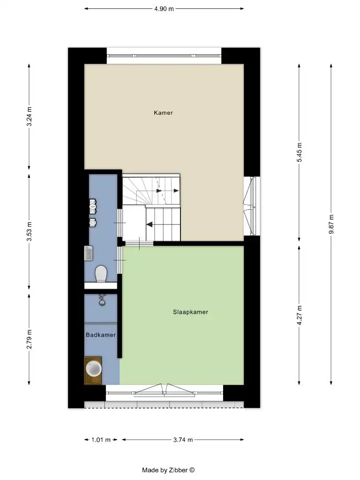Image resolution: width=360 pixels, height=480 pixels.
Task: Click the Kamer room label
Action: click(x=163, y=113)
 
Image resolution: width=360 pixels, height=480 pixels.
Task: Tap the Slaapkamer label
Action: click(x=190, y=312)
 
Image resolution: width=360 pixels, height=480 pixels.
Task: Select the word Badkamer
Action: click(x=101, y=335)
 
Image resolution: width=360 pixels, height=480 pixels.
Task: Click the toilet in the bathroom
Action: click(x=101, y=273)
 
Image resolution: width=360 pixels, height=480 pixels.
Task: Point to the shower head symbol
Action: click(x=102, y=300)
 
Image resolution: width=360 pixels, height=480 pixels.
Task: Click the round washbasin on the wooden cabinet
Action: click(x=94, y=368)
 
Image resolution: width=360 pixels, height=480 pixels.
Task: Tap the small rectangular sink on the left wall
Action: click(x=88, y=253)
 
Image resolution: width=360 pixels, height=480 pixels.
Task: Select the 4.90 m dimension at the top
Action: click(x=164, y=8)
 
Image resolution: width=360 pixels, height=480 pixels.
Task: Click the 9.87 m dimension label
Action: click(x=331, y=225)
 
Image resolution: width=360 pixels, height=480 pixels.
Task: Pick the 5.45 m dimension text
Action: click(x=300, y=152)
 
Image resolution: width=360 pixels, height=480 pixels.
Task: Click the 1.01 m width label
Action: click(x=100, y=440)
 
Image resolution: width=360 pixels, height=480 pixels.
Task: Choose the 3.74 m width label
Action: click(x=183, y=440)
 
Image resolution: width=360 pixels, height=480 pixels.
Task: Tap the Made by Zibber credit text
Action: click(x=168, y=470)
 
